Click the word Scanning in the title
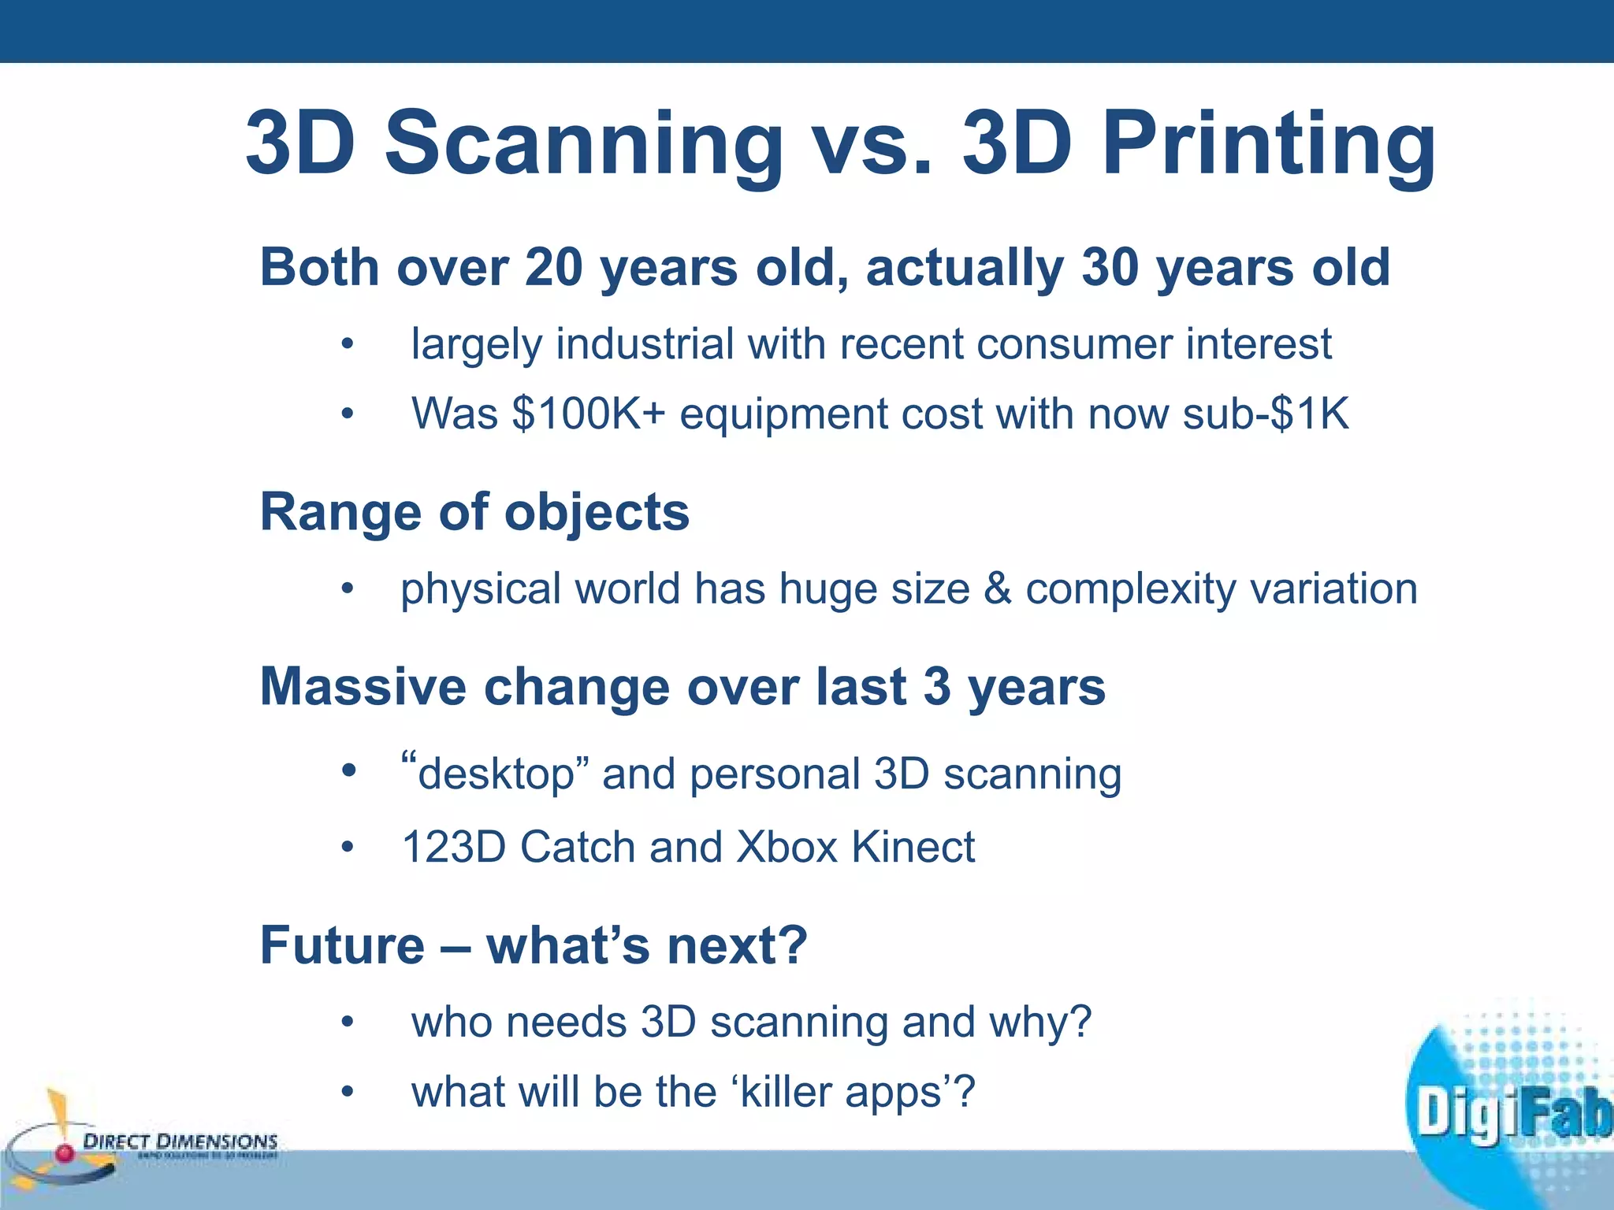(583, 143)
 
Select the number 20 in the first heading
(552, 268)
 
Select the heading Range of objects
(474, 512)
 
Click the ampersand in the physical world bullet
(998, 588)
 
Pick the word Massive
(363, 687)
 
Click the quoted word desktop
(496, 774)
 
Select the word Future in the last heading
(342, 945)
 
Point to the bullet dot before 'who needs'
(348, 1023)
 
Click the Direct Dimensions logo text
(180, 1141)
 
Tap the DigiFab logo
(1509, 1111)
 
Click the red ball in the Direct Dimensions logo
(65, 1153)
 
